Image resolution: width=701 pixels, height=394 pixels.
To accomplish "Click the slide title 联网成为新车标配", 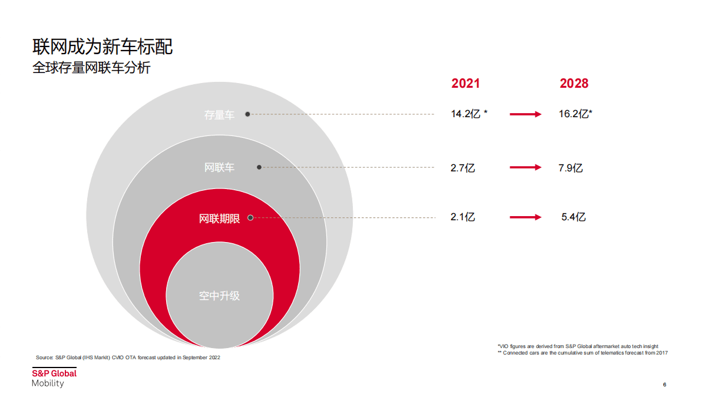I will tap(102, 47).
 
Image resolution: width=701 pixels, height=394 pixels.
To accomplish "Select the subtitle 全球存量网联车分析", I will tap(91, 68).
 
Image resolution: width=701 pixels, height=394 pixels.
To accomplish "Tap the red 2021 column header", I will tap(465, 84).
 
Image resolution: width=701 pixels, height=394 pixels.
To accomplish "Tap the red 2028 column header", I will tap(574, 84).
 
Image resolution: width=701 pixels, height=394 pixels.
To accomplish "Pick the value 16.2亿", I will tap(575, 114).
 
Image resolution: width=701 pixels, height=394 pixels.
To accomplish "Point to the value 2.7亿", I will tap(463, 168).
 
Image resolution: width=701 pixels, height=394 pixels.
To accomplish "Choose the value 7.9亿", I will tap(571, 168).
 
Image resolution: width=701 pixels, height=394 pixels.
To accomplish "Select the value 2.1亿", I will tap(463, 217).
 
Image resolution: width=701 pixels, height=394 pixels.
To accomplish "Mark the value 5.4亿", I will tap(574, 217).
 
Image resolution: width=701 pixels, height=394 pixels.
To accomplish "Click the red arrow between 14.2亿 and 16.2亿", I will tap(525, 114).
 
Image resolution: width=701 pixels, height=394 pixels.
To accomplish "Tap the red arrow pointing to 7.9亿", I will tap(525, 168).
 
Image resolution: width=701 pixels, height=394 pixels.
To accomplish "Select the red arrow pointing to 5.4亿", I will tap(525, 217).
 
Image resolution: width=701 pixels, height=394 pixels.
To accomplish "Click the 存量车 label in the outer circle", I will tap(219, 115).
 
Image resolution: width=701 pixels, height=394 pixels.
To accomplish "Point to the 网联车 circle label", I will tap(219, 168).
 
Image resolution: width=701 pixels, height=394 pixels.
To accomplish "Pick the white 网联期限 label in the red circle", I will tap(219, 218).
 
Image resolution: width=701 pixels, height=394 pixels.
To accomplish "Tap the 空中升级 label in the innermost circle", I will tap(219, 296).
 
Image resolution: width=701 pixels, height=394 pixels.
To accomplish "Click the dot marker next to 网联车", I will tap(259, 168).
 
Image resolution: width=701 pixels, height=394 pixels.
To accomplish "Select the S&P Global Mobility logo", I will tap(54, 378).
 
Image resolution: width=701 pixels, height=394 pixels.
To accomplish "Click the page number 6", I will tap(664, 385).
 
